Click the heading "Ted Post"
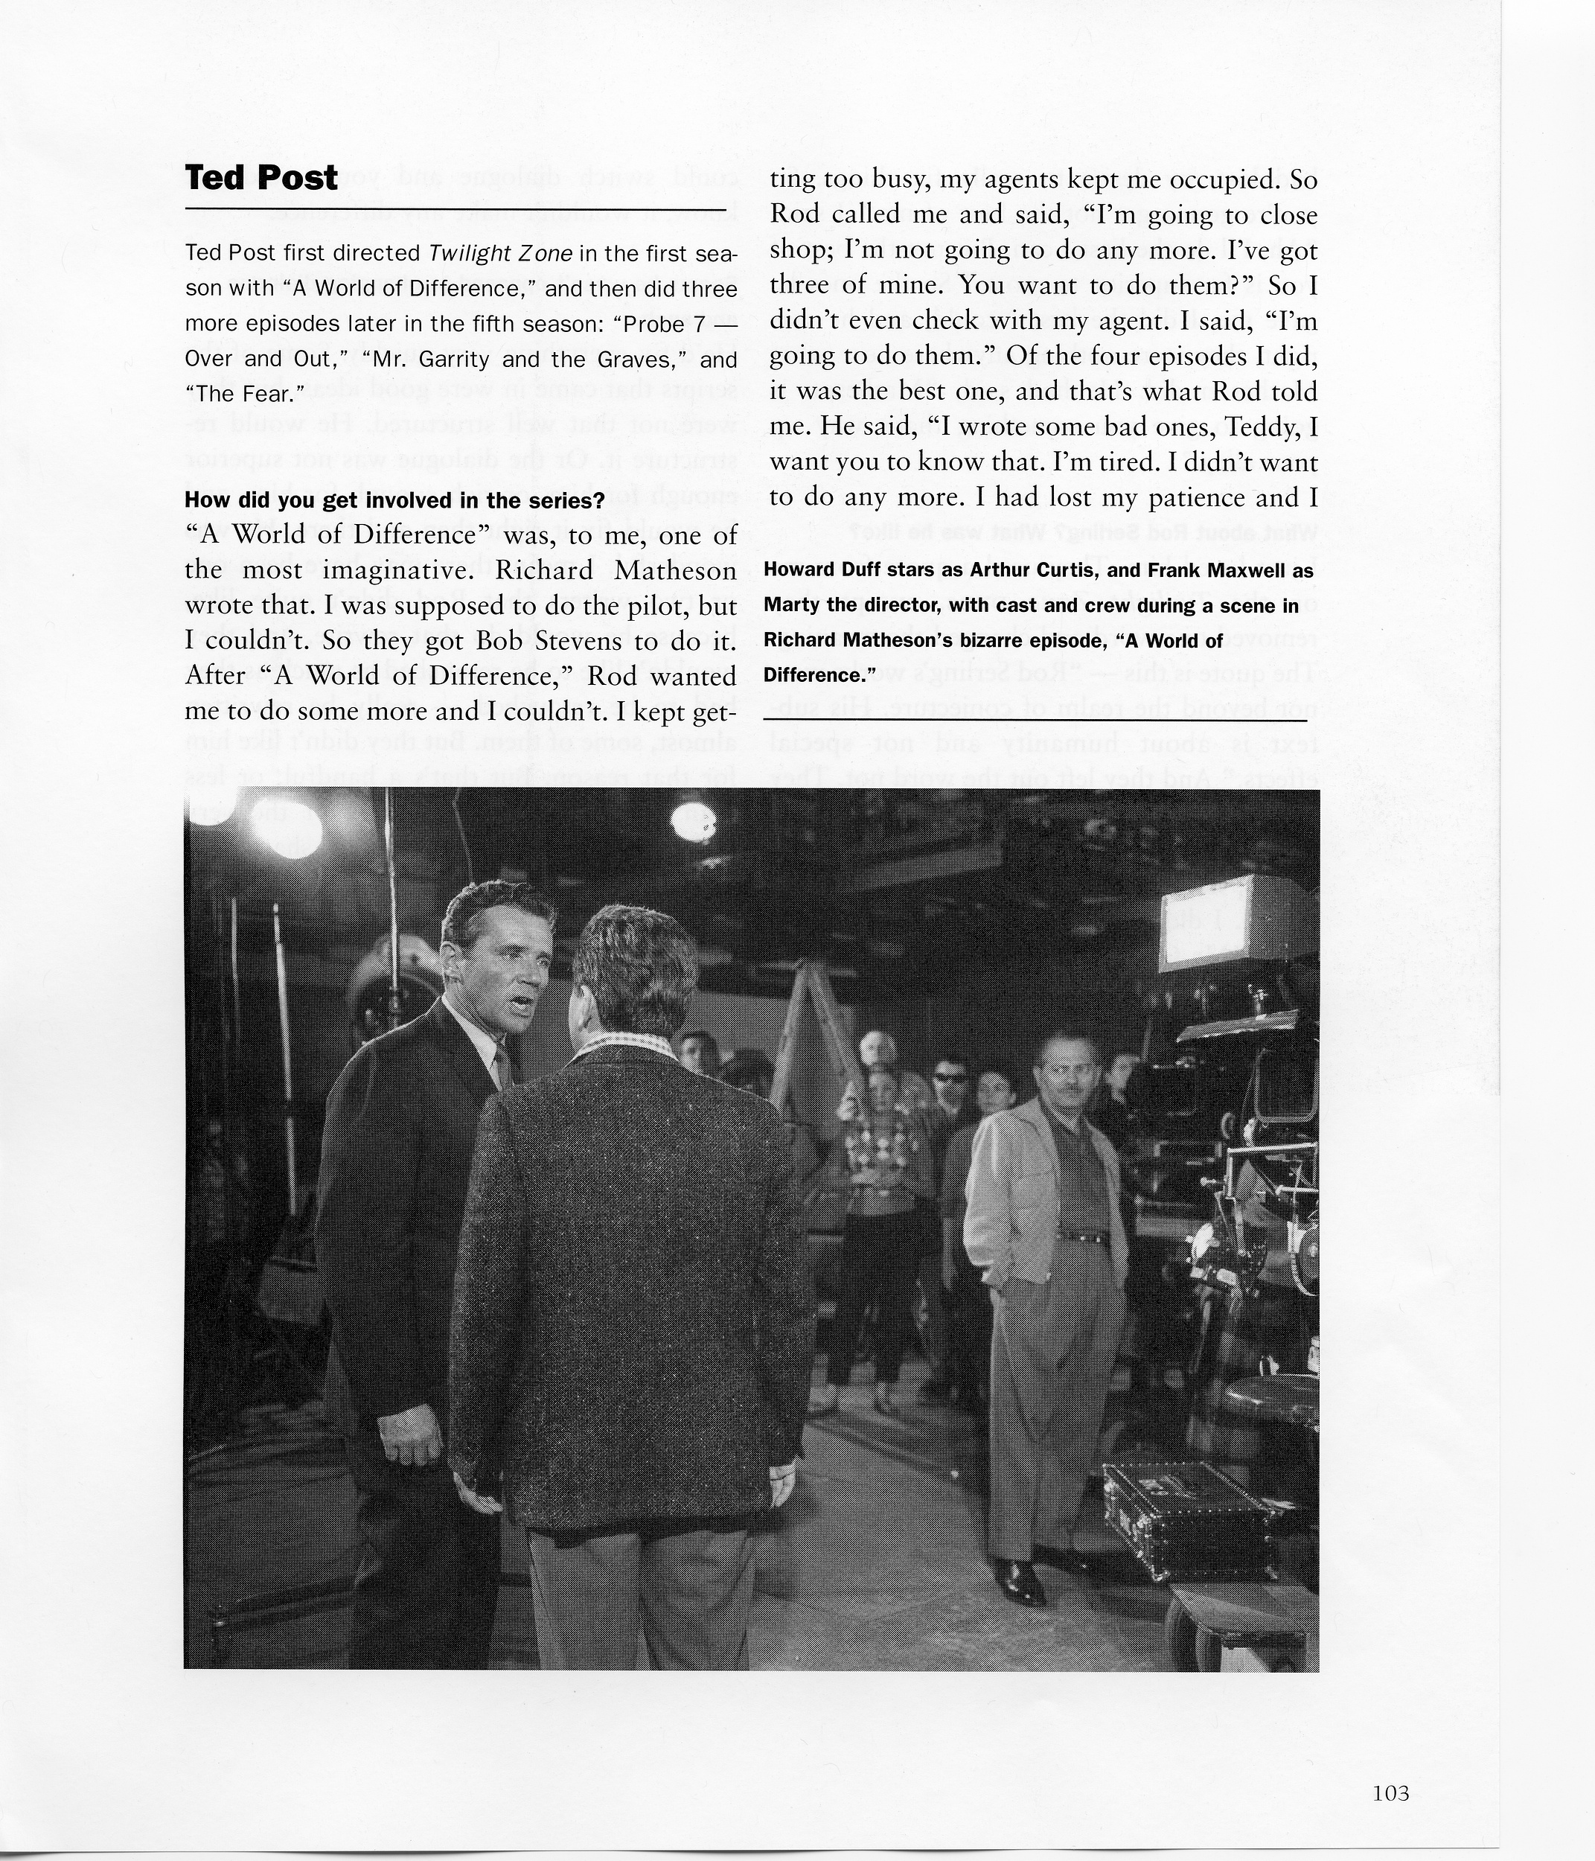click(261, 178)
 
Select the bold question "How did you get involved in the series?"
click(394, 501)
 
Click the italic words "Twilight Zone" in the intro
click(501, 252)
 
